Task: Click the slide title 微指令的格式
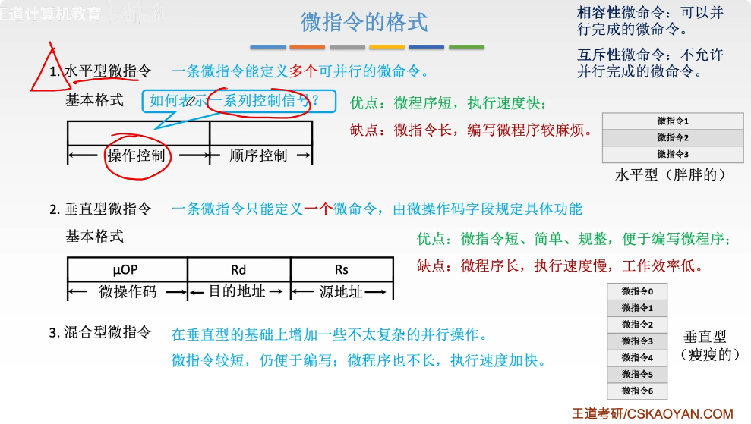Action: pos(364,22)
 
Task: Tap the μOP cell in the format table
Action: pos(127,270)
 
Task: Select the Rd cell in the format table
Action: pos(238,270)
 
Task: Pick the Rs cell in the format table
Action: pos(342,270)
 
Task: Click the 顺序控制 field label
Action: pos(259,156)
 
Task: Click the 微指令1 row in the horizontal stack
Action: pos(672,121)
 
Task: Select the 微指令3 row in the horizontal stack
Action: pos(672,154)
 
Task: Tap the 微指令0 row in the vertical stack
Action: pos(637,291)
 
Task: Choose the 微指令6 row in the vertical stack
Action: pos(637,391)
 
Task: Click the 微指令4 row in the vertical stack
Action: pos(637,358)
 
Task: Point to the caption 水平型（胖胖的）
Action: pos(671,175)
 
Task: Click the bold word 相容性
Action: pos(599,13)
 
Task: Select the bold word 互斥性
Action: pos(599,55)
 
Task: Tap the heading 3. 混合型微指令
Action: pos(100,332)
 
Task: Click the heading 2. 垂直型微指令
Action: pos(100,209)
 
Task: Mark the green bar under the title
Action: pos(466,47)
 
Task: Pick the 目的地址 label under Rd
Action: pos(238,291)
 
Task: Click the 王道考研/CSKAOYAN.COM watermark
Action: pos(653,414)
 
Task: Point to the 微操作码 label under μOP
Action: pos(127,291)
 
